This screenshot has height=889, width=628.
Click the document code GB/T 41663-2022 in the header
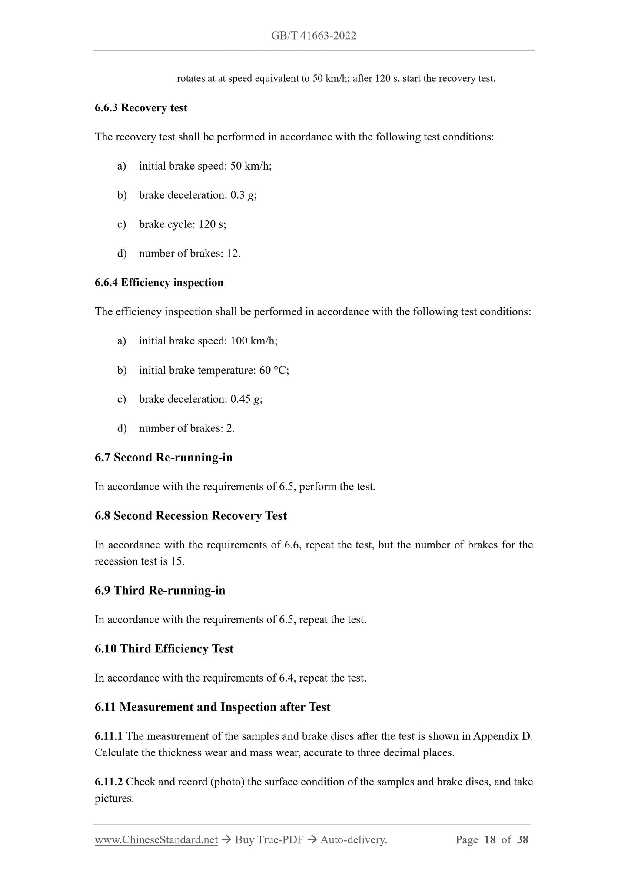pyautogui.click(x=313, y=36)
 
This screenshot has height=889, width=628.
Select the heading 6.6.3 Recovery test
pyautogui.click(x=141, y=108)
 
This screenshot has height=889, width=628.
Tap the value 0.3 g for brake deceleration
pyautogui.click(x=243, y=195)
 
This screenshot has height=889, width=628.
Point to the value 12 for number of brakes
pyautogui.click(x=233, y=254)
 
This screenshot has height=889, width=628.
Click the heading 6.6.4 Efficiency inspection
pyautogui.click(x=159, y=283)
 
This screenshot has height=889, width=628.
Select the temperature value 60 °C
pyautogui.click(x=274, y=370)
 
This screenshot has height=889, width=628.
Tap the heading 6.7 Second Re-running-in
pyautogui.click(x=163, y=458)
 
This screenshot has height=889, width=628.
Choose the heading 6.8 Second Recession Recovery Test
pyautogui.click(x=191, y=516)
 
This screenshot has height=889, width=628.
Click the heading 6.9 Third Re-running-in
pyautogui.click(x=160, y=591)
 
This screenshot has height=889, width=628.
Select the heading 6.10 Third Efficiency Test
pyautogui.click(x=164, y=649)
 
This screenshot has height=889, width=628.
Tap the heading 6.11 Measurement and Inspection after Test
pyautogui.click(x=213, y=707)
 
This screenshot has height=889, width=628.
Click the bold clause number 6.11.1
pyautogui.click(x=109, y=736)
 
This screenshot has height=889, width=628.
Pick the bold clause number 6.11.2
pyautogui.click(x=109, y=782)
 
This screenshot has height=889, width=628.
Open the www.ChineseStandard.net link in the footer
pyautogui.click(x=156, y=840)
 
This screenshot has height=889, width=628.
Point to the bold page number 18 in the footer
pyautogui.click(x=489, y=840)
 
